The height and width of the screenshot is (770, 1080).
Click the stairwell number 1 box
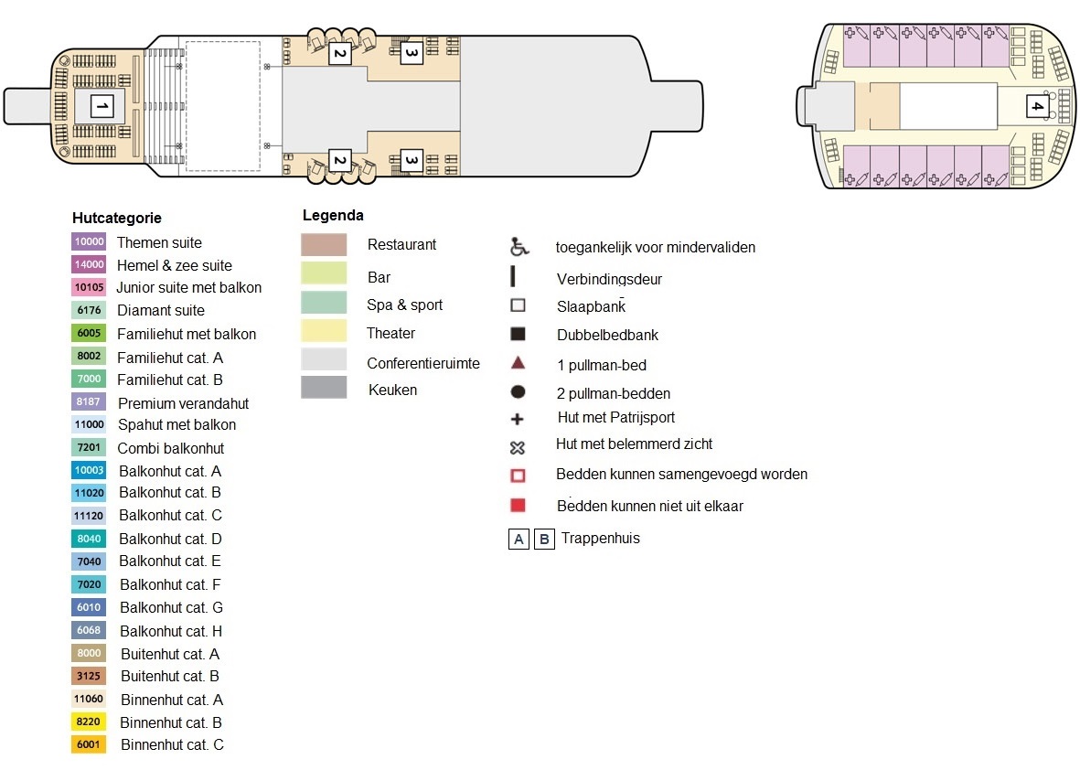click(x=102, y=107)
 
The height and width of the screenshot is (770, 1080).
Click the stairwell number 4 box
click(x=1036, y=106)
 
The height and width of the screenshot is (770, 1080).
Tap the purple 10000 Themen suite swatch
click(x=89, y=242)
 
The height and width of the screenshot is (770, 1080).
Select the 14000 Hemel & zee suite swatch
click(x=89, y=265)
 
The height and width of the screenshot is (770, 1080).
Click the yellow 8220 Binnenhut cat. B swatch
click(x=89, y=722)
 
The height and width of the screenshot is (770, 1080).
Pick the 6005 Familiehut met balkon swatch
click(x=89, y=334)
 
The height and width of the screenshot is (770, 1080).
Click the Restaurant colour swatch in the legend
click(x=324, y=245)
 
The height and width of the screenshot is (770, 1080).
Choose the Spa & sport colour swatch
click(x=324, y=303)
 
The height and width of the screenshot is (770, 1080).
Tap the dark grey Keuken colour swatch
click(x=324, y=388)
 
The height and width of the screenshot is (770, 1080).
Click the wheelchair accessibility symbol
click(x=519, y=247)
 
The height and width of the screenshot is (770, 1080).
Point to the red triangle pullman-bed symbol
click(x=518, y=363)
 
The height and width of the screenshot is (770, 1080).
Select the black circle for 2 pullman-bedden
click(x=518, y=392)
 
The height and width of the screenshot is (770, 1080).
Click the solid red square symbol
click(x=518, y=505)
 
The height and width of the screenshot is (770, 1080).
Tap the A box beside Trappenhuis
click(x=519, y=539)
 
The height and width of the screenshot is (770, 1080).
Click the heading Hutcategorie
click(x=117, y=219)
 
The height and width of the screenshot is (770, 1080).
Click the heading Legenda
click(x=333, y=216)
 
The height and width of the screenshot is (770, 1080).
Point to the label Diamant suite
click(x=161, y=311)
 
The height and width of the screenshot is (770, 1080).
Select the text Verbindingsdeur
click(x=609, y=279)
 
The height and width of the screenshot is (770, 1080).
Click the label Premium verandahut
click(x=183, y=403)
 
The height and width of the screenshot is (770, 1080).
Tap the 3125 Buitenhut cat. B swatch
click(x=89, y=676)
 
